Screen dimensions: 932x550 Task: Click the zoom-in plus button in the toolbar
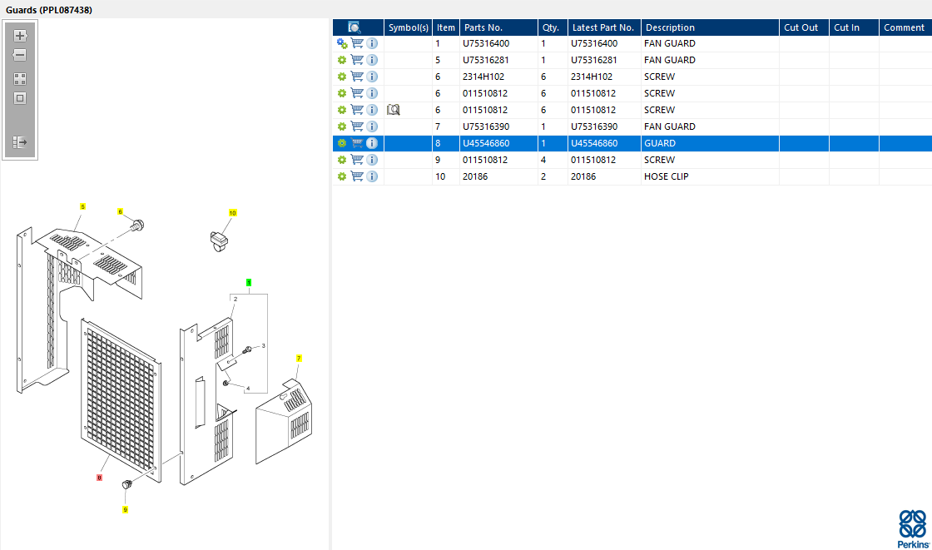pos(20,36)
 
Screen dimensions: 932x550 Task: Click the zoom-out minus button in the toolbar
pos(20,55)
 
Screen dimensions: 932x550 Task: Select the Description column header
pos(670,27)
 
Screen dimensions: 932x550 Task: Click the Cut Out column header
pos(801,27)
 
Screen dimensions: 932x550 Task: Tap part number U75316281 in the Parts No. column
pos(486,60)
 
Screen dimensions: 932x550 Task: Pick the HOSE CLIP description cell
pos(666,176)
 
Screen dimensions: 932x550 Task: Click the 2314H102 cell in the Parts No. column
pos(483,77)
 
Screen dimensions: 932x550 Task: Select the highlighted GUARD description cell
pos(660,143)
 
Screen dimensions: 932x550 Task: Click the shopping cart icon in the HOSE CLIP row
pos(357,176)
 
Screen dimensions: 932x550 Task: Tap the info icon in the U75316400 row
pos(372,43)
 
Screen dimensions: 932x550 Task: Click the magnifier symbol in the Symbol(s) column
pos(393,109)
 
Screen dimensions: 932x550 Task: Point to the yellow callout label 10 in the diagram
pos(232,213)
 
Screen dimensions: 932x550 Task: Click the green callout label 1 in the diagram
pos(249,282)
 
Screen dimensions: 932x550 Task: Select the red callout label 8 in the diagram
pos(99,478)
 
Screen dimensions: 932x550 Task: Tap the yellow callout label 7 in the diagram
pos(299,358)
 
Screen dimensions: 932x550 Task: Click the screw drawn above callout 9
pos(126,484)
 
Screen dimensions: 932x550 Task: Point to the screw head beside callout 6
pos(138,225)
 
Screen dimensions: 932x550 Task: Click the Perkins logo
pos(913,528)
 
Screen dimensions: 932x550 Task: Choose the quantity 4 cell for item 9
pos(543,160)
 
